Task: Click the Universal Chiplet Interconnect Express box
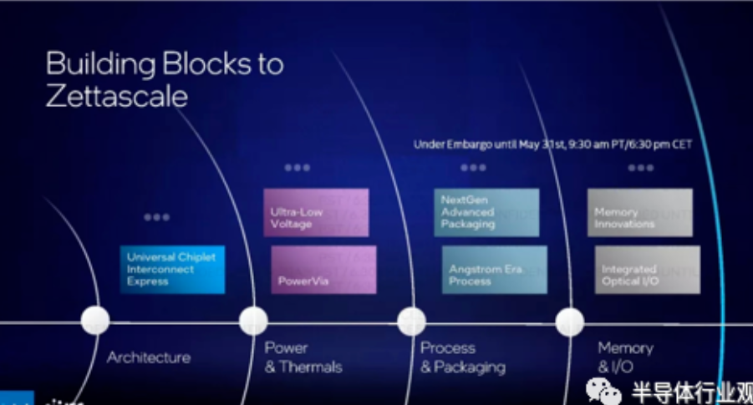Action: pos(172,269)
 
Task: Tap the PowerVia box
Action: pos(323,270)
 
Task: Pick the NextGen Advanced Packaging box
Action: pos(486,212)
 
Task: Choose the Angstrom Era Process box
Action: pos(494,270)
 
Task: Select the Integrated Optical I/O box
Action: pos(643,270)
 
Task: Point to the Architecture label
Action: pos(148,357)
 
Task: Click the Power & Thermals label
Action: pos(303,357)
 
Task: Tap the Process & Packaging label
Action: pos(462,357)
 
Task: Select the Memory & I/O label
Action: pos(625,357)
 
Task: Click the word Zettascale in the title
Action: pos(116,95)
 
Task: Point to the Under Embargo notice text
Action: pos(552,144)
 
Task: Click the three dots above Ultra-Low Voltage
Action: pos(297,167)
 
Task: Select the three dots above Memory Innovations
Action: pos(640,167)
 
